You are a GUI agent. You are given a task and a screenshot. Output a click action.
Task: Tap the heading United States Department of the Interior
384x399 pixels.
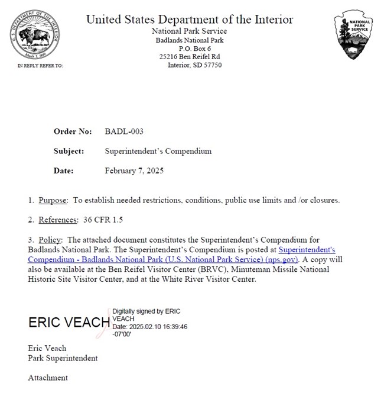tap(190, 19)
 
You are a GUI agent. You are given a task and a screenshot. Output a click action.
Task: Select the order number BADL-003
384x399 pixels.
tap(124, 131)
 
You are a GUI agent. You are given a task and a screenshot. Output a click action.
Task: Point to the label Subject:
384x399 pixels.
tap(69, 151)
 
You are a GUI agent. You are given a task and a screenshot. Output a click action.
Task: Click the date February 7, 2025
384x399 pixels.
tap(134, 171)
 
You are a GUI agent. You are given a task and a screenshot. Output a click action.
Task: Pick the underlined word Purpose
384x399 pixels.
tap(53, 200)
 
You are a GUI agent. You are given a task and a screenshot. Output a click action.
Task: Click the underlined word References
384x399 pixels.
tap(58, 220)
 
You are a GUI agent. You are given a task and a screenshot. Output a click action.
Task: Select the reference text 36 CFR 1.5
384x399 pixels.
tap(103, 220)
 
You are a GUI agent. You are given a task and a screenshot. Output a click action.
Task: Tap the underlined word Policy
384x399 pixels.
tap(51, 240)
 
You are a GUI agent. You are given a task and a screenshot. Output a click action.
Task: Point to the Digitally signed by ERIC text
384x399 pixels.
tap(146, 311)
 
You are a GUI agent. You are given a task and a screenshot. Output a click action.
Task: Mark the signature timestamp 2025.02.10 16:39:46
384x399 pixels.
tap(159, 326)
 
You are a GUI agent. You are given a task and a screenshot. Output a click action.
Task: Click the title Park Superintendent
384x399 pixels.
tap(63, 358)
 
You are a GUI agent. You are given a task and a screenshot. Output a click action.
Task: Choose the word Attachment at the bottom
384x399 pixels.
tap(48, 378)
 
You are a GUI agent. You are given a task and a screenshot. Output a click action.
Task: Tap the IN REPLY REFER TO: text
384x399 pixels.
tap(40, 66)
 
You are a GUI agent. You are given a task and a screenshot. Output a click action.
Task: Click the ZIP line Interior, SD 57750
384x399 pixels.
tap(194, 65)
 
